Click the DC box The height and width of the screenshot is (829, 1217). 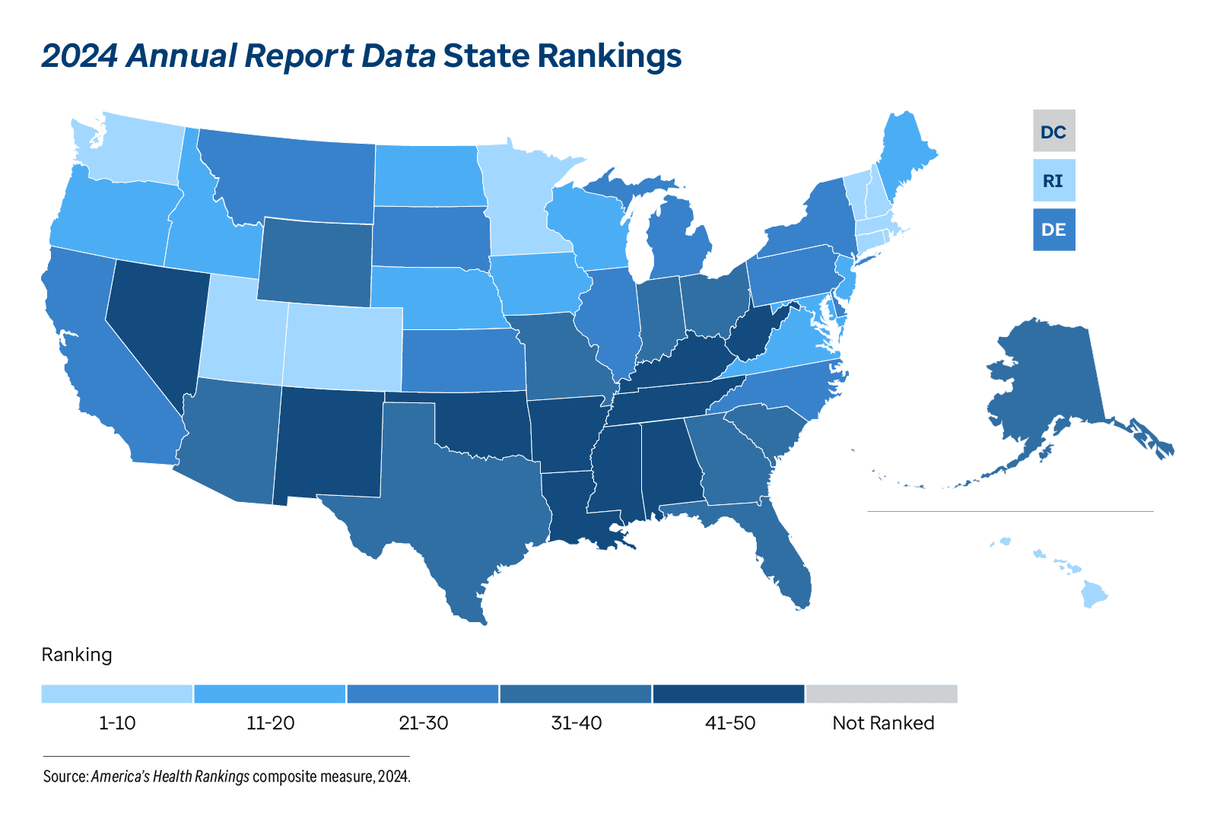[1053, 131]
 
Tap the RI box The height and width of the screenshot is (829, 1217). [1053, 181]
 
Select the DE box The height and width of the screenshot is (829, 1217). [1053, 230]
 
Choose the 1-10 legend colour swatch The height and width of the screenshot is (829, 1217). [117, 694]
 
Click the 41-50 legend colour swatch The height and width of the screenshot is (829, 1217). [728, 694]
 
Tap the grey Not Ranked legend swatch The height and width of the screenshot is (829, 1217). [881, 694]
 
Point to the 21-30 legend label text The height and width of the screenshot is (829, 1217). [424, 723]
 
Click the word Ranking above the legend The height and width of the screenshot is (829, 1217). [77, 655]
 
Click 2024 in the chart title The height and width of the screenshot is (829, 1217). [78, 56]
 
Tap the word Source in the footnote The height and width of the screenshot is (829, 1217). [65, 777]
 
